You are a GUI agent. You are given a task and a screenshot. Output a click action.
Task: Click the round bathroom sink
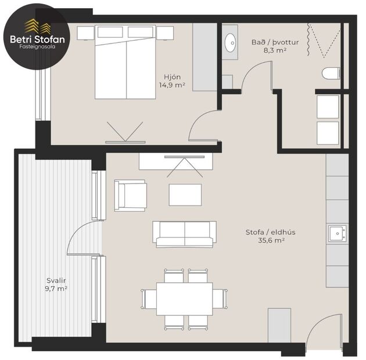(229, 42)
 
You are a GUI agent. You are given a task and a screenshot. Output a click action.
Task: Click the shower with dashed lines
(324, 41)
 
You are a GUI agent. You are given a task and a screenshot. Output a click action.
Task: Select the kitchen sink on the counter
(337, 233)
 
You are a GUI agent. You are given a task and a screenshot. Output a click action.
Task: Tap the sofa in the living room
(184, 233)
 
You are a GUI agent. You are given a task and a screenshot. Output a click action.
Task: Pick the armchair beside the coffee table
(130, 195)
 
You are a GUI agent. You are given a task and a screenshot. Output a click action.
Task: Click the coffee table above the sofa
(185, 195)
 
